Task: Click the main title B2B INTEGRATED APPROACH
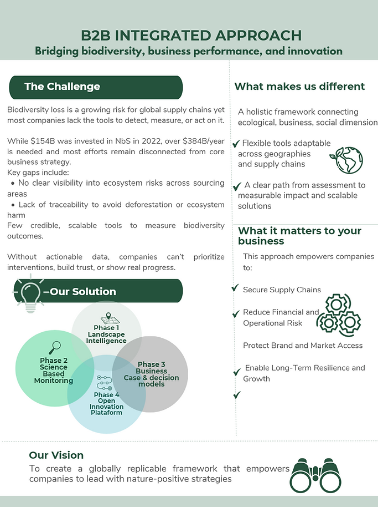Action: pos(191,36)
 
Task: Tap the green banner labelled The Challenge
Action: pos(95,87)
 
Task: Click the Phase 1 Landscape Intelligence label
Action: pos(106,334)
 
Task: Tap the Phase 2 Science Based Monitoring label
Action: pos(54,371)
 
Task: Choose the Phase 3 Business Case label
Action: pos(151,374)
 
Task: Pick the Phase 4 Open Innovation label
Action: pos(106,404)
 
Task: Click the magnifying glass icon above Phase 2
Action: pos(55,348)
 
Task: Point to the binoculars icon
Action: pos(316,473)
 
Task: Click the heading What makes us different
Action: pos(299,87)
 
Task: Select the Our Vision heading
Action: pos(56,455)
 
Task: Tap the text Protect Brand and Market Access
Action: pos(303,345)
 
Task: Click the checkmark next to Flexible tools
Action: pos(236,144)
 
